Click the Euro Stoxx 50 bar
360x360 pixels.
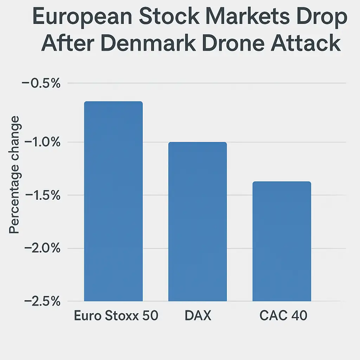tap(113, 201)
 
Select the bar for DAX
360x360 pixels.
tap(198, 221)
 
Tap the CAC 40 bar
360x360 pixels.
tap(282, 241)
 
